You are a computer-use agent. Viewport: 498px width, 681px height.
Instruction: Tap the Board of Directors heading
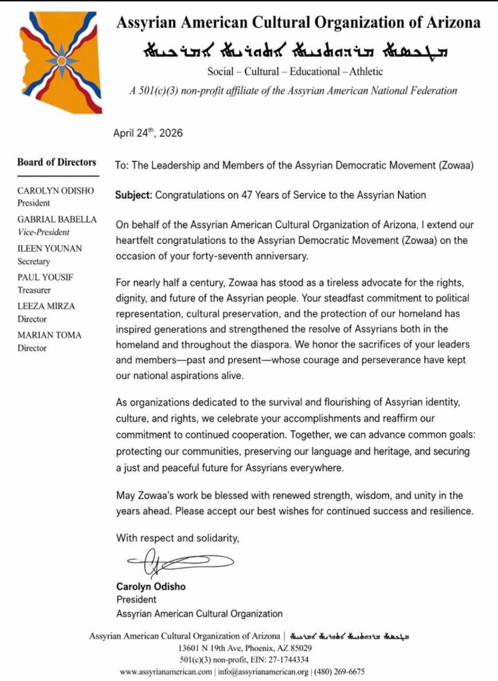[x=57, y=162]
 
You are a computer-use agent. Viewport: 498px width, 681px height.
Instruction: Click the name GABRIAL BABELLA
[x=57, y=220]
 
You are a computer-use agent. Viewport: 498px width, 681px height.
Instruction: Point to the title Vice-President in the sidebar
[x=44, y=232]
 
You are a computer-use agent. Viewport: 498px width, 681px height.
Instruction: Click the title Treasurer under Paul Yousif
[x=34, y=290]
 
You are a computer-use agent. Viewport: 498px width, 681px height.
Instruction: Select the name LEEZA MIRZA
[x=46, y=306]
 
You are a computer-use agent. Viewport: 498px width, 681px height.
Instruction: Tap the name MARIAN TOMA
[x=49, y=335]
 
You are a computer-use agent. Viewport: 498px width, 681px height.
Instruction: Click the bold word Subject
[x=133, y=195]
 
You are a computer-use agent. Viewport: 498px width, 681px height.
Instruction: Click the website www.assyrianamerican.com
[x=166, y=672]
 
